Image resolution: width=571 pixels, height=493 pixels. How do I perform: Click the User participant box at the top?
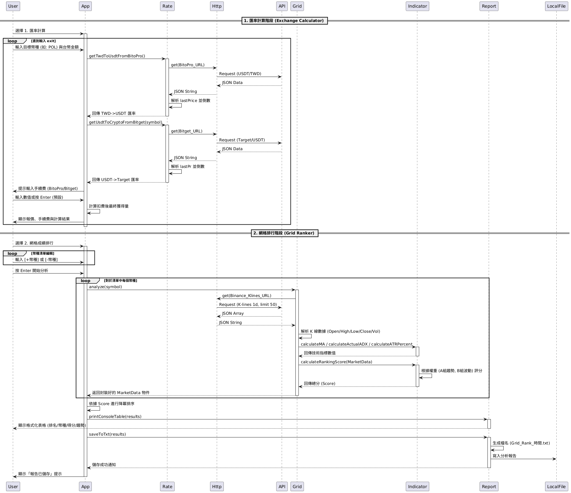click(13, 6)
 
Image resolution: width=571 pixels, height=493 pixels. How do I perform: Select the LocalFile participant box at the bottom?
click(556, 487)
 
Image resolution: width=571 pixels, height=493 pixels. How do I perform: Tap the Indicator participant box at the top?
click(417, 6)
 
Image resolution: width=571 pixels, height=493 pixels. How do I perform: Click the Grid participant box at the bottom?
click(297, 487)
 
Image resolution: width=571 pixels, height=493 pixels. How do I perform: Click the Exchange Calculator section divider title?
click(284, 21)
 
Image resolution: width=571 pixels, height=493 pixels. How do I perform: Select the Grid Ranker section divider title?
click(284, 233)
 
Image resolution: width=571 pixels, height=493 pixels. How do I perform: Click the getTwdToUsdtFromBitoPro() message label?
click(117, 56)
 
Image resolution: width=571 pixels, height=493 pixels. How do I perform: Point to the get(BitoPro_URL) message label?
click(188, 65)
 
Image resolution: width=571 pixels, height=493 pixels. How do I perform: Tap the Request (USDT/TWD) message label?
click(240, 74)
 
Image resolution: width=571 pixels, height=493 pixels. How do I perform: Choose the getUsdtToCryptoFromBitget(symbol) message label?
click(126, 122)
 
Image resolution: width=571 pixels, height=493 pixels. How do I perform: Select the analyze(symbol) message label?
click(105, 287)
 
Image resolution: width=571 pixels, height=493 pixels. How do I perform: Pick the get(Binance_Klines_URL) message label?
click(247, 296)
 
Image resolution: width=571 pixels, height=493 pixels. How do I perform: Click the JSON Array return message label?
click(233, 314)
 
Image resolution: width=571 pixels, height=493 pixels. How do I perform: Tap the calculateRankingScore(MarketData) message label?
click(337, 362)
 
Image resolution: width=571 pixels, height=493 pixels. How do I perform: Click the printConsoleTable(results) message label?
click(115, 417)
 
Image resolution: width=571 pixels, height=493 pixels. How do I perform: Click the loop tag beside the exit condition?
click(12, 41)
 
